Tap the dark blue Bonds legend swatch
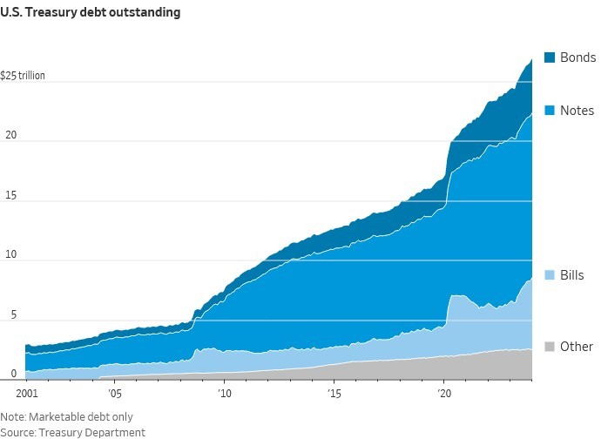[x=549, y=57]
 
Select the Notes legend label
[x=577, y=111]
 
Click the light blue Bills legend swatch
[x=549, y=276]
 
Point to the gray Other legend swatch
[x=549, y=347]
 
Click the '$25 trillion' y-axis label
[x=23, y=75]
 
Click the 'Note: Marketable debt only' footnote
[x=67, y=417]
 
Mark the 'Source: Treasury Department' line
[x=72, y=432]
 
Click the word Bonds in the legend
[x=578, y=57]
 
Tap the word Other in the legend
[x=577, y=347]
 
